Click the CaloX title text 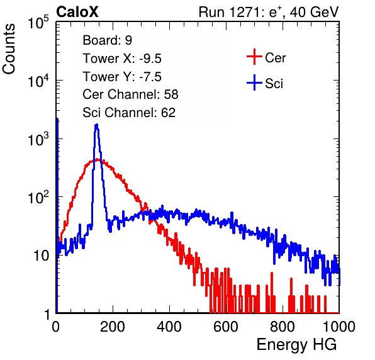point(77,12)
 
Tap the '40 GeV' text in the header point(315,12)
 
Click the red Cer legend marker point(254,57)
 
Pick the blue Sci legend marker point(254,82)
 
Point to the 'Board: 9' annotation point(108,40)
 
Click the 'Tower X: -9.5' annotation point(122,59)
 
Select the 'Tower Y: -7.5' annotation point(122,77)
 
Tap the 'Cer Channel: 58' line point(130,94)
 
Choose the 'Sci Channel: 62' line point(129,113)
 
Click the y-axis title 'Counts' point(9,49)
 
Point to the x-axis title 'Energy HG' point(296,345)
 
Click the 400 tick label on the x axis point(169,327)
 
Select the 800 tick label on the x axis point(283,327)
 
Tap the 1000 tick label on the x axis point(339,327)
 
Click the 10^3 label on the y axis point(38,139)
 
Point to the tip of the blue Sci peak point(97,124)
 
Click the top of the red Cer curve point(97,159)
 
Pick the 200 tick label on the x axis point(113,327)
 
